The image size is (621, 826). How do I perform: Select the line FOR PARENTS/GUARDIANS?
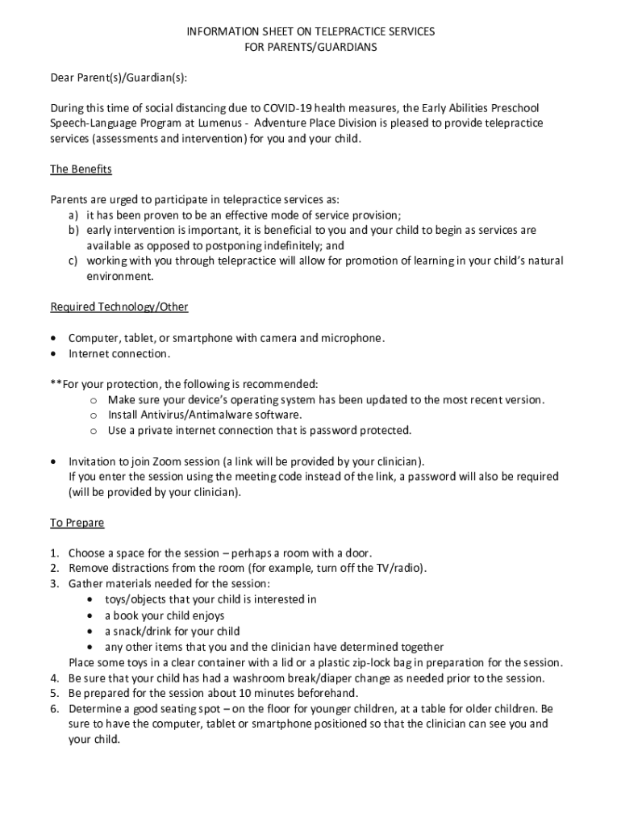point(310,47)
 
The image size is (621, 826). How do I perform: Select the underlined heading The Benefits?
point(81,169)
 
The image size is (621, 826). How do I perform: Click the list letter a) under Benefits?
point(73,215)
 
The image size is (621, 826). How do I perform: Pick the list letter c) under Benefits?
point(73,261)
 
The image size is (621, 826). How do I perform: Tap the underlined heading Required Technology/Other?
point(119,307)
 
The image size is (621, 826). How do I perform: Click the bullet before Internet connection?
point(54,354)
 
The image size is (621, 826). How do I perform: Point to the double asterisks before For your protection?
point(56,385)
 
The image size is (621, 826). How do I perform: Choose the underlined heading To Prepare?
point(77,523)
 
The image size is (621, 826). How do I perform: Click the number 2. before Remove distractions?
point(54,569)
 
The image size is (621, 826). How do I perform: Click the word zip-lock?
point(376,662)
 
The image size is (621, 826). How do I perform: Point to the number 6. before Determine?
point(54,708)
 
